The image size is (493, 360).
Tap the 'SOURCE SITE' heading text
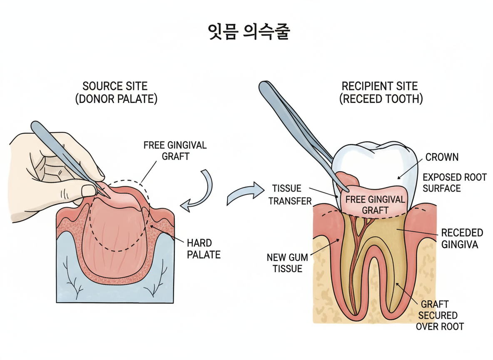115,86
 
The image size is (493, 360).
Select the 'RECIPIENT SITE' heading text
379,86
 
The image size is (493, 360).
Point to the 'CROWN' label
442,157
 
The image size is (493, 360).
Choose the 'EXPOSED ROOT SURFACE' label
454,182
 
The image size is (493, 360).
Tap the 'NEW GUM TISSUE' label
287,263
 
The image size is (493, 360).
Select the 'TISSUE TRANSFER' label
290,195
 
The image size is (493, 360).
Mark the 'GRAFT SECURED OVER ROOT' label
440,315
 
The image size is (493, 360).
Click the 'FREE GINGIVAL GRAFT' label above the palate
175,150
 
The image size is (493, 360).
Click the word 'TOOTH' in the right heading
402,100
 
